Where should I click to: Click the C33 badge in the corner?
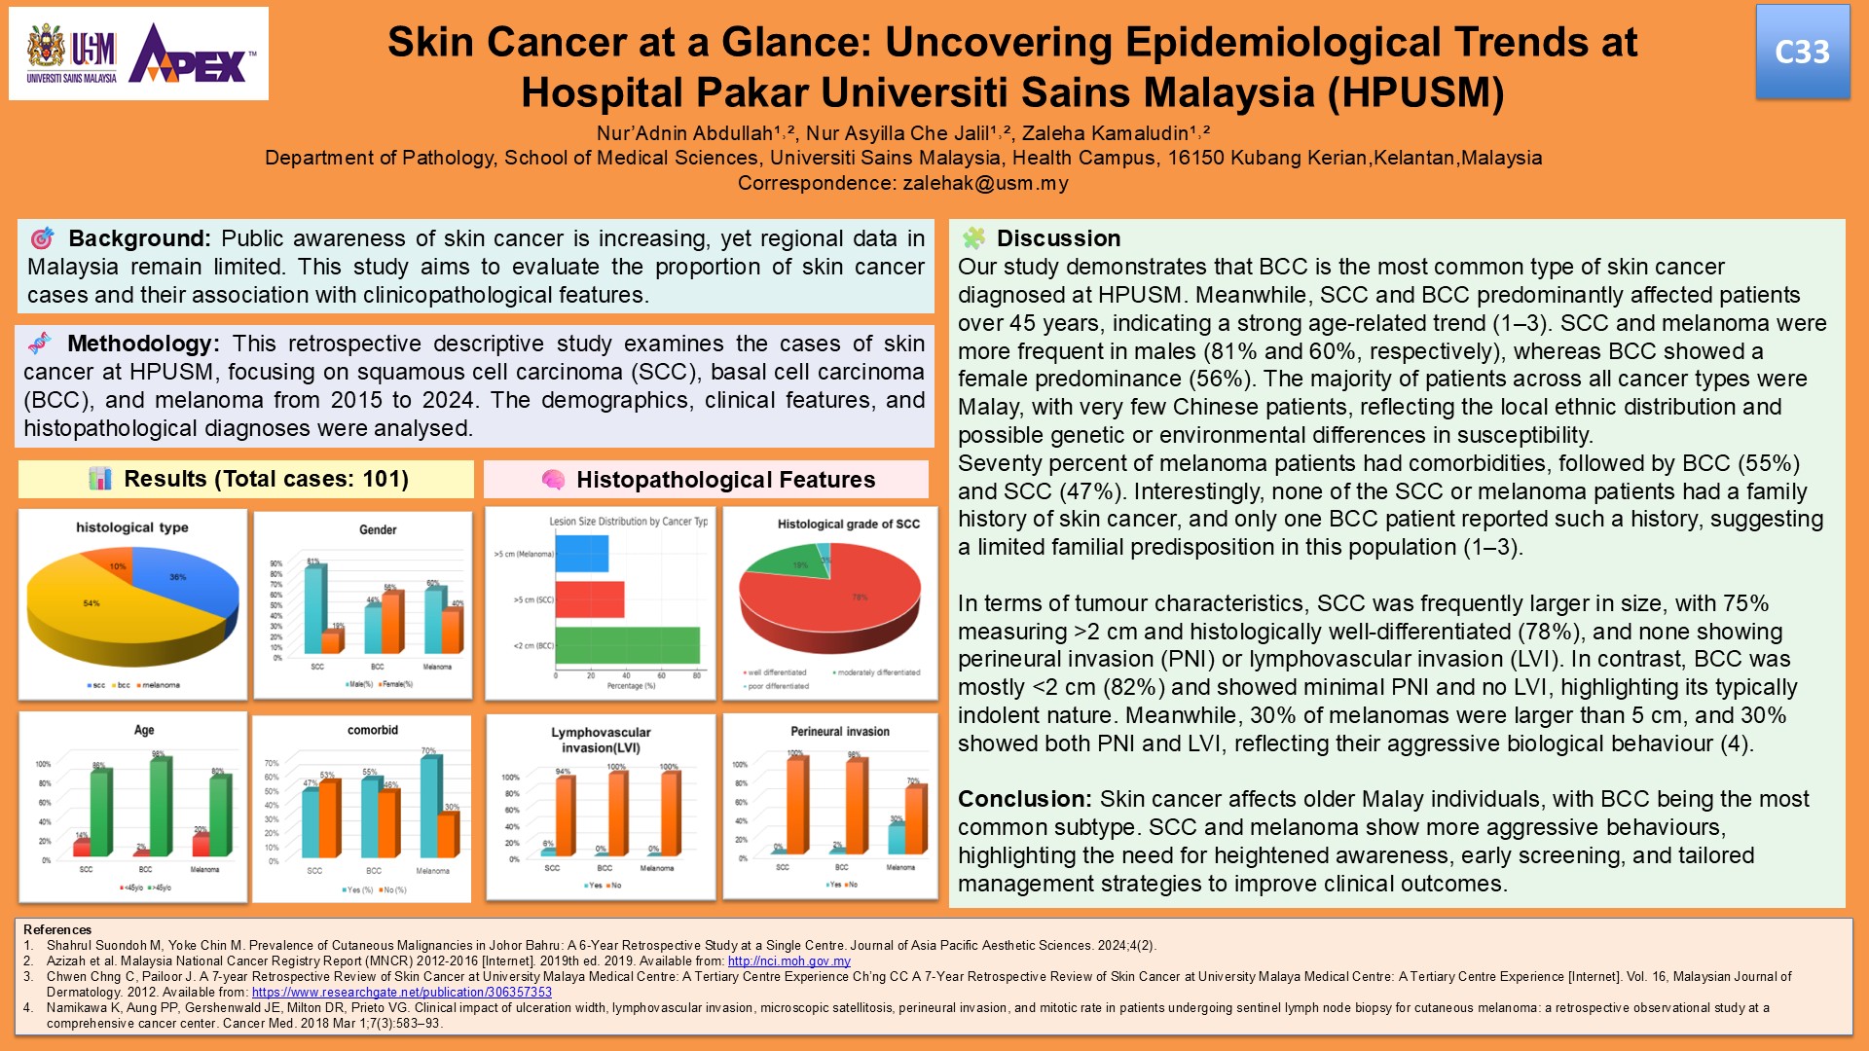click(x=1802, y=53)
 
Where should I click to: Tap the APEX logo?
click(x=193, y=56)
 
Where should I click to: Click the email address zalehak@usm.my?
click(x=985, y=183)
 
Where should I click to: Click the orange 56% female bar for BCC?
click(x=390, y=623)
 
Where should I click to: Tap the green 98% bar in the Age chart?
click(x=157, y=808)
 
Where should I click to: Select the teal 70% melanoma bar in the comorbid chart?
click(x=428, y=806)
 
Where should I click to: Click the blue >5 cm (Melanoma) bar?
click(x=581, y=554)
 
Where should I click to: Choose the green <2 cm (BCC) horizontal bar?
click(x=627, y=645)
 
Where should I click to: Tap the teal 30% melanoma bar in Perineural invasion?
click(x=896, y=838)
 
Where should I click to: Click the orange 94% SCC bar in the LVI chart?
click(x=564, y=815)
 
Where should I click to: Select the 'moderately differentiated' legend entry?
click(x=878, y=672)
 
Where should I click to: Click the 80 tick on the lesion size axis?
click(x=697, y=675)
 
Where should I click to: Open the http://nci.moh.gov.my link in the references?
click(x=788, y=960)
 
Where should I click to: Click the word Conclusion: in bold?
click(x=1025, y=799)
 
